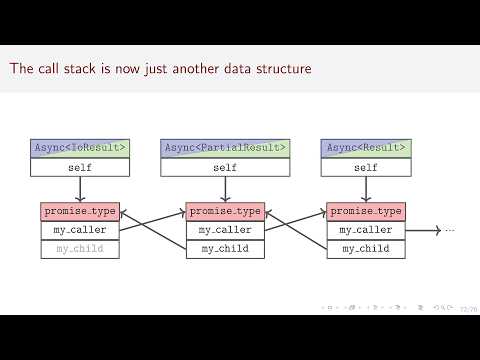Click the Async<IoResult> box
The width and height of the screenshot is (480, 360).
tap(80, 148)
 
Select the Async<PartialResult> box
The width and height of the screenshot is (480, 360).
tap(225, 148)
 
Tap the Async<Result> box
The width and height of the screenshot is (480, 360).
tap(366, 148)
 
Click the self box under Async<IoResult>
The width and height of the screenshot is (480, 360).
tap(80, 167)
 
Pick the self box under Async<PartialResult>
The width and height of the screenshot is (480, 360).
tap(225, 167)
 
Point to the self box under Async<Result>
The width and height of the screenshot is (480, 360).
tap(366, 167)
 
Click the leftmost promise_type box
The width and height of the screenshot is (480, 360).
tap(80, 211)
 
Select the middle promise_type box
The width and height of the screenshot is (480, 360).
tap(225, 211)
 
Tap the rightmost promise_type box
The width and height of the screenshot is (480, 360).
tap(366, 211)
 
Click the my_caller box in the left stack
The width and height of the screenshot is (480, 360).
tap(80, 230)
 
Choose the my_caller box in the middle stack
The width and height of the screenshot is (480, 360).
tap(225, 230)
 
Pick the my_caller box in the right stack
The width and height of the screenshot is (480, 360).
tap(366, 230)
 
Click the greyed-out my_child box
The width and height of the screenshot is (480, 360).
tap(80, 248)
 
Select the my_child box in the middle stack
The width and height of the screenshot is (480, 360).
tap(225, 248)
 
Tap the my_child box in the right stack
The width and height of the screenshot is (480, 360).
tap(366, 248)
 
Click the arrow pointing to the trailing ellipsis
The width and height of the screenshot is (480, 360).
tap(423, 230)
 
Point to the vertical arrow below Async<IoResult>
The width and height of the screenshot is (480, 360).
tap(80, 189)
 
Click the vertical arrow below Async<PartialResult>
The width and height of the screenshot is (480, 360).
tap(225, 189)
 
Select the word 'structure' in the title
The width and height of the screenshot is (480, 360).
tap(280, 69)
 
